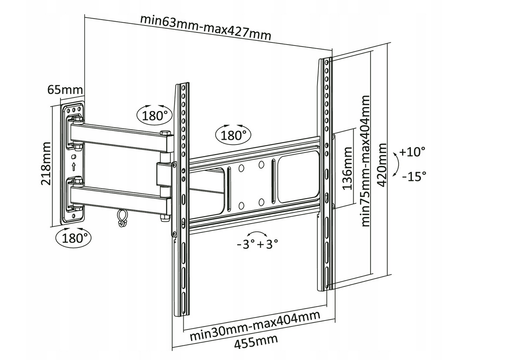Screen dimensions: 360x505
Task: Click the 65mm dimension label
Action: click(65, 90)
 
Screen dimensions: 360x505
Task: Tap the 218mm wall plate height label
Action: click(46, 164)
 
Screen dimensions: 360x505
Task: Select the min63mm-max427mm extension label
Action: click(205, 27)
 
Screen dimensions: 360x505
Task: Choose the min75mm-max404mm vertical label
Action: click(365, 161)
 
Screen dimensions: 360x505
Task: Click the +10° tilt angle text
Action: click(413, 151)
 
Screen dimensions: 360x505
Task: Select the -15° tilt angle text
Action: click(414, 176)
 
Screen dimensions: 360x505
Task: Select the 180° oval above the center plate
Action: click(233, 135)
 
